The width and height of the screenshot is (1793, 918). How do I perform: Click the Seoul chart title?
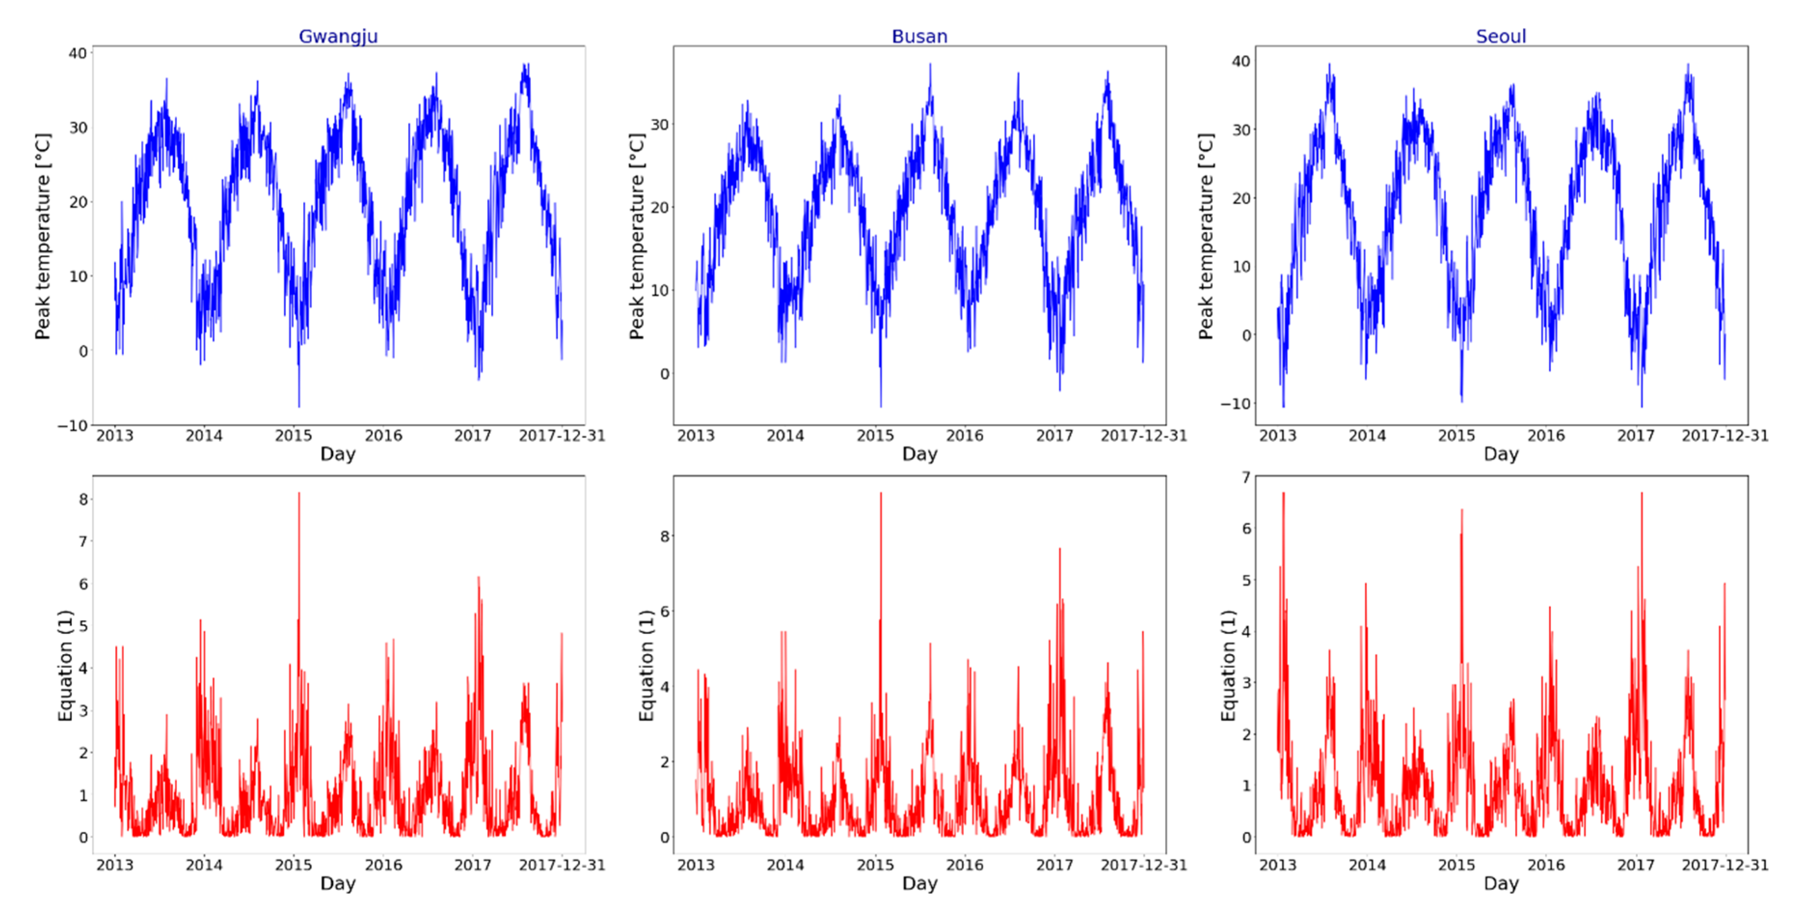click(x=1500, y=36)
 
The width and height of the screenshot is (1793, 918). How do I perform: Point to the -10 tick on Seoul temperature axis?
click(x=1235, y=404)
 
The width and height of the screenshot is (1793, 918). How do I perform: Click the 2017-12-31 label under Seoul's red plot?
click(x=1724, y=865)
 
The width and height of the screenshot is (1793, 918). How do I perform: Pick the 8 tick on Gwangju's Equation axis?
click(x=83, y=499)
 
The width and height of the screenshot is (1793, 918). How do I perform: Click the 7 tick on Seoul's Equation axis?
click(x=1246, y=477)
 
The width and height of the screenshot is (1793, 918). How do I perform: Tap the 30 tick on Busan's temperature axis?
click(x=659, y=124)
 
